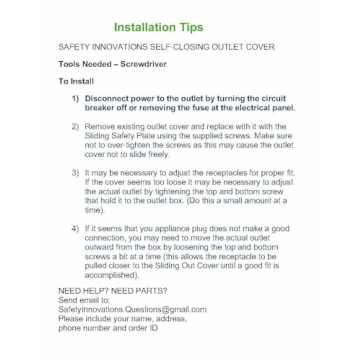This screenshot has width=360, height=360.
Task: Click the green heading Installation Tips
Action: [180, 26]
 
